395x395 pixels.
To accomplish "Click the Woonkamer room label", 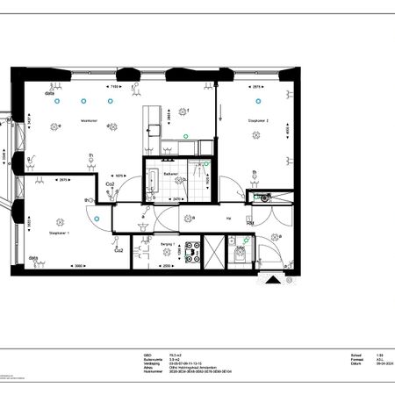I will (x=89, y=120).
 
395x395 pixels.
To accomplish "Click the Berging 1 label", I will (x=168, y=243).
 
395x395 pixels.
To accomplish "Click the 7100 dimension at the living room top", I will (x=114, y=87).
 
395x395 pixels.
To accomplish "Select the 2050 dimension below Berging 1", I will (x=167, y=266).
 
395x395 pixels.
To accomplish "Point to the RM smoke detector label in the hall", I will (x=250, y=224).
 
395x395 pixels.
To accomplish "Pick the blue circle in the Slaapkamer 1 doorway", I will (x=98, y=219).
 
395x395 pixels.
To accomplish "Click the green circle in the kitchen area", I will (x=184, y=136).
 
